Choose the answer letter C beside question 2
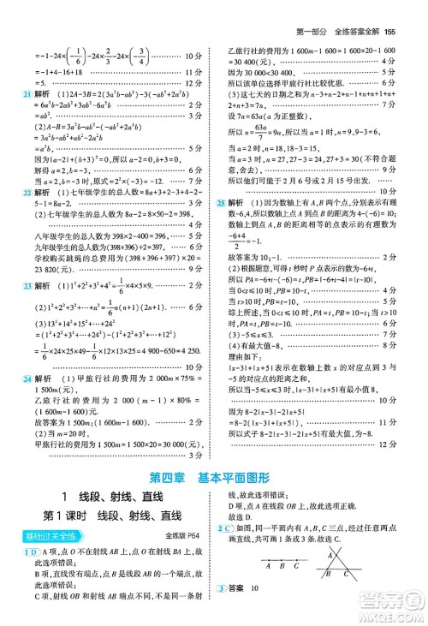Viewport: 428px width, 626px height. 231,529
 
